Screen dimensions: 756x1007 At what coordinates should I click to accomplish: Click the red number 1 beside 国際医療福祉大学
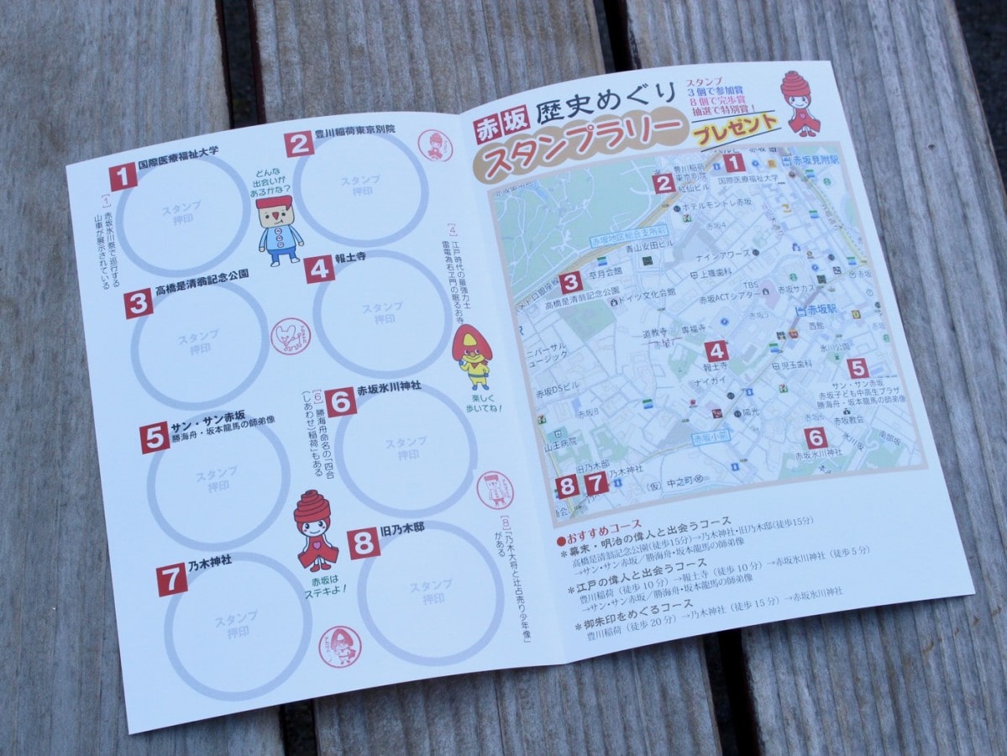click(123, 176)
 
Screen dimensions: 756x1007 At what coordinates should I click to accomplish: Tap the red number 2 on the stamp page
click(298, 143)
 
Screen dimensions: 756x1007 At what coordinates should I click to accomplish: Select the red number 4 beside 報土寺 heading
click(320, 269)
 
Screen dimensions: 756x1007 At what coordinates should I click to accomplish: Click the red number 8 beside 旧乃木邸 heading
click(364, 543)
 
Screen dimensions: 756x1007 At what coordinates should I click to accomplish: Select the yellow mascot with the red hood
click(473, 354)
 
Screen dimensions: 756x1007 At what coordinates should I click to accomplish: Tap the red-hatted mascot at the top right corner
click(800, 102)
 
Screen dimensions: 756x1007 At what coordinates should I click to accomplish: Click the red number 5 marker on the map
click(857, 368)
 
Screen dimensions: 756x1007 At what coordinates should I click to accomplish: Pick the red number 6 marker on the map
click(816, 437)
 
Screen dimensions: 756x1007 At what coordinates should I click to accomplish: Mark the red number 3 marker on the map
click(571, 283)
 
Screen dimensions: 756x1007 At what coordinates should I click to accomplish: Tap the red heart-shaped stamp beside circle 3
click(290, 335)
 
